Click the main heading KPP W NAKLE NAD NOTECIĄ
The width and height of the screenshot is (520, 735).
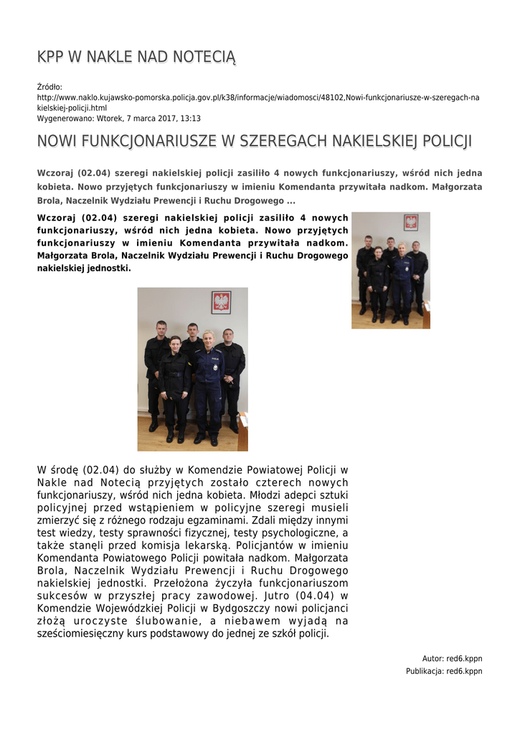(x=136, y=57)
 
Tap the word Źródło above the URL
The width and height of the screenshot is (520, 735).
(x=49, y=87)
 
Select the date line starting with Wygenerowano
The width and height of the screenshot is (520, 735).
(x=118, y=118)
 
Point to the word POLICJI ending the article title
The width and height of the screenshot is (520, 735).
(x=447, y=141)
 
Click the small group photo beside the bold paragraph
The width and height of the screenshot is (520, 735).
(x=390, y=270)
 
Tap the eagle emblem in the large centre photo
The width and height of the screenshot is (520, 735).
(x=221, y=302)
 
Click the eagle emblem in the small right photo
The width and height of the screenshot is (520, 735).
(x=411, y=222)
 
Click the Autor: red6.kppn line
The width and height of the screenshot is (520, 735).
(x=452, y=658)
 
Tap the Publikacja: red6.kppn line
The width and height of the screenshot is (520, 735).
(x=444, y=671)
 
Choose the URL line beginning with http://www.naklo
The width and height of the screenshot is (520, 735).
(x=258, y=98)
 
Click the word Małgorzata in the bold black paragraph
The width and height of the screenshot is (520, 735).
(x=65, y=256)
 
